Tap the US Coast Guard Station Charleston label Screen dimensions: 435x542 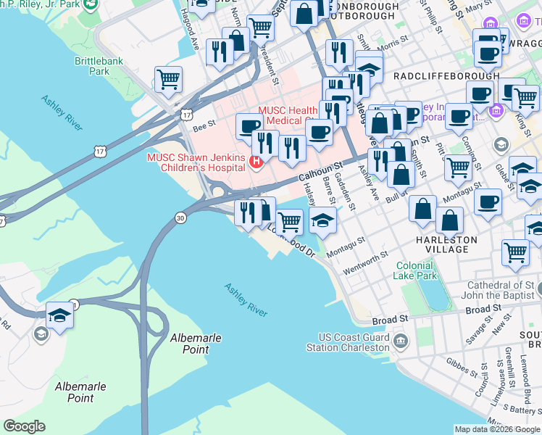pos(354,342)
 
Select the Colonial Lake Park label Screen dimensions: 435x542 pos(415,270)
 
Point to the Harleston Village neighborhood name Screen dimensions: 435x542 pos(446,244)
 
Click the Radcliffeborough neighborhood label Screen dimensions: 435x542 pos(446,75)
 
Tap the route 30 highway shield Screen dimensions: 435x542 pos(180,217)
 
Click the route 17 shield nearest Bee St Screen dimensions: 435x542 pos(187,115)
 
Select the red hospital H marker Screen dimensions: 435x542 pos(255,161)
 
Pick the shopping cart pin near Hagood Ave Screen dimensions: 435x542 pos(168,79)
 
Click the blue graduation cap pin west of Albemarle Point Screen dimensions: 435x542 pos(59,315)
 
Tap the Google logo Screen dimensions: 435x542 pos(24,426)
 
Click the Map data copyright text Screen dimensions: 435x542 pos(497,429)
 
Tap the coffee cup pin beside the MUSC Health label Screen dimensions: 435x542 pos(250,126)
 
